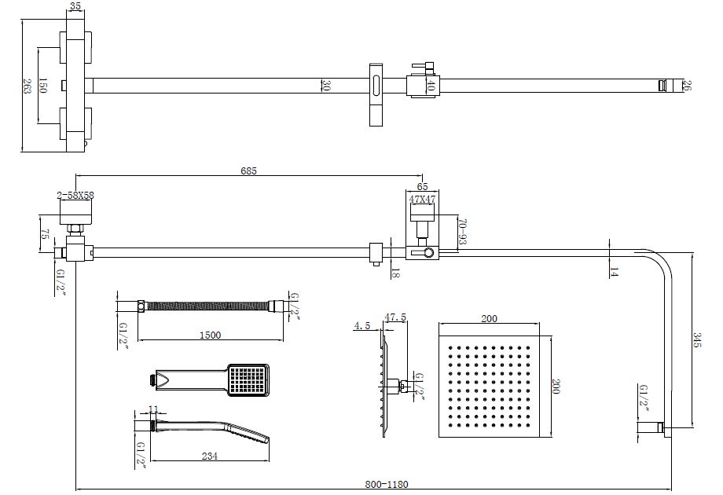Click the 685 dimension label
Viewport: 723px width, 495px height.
click(x=248, y=170)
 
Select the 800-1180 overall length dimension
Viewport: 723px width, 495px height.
click(x=388, y=484)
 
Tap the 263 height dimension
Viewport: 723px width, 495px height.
click(x=27, y=86)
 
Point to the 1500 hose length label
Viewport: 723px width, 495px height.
click(x=210, y=335)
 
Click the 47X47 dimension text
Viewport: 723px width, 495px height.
click(x=422, y=200)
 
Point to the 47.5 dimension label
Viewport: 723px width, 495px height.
click(x=395, y=317)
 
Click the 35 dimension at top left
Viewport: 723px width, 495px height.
click(x=75, y=6)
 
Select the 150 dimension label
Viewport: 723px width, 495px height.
click(x=43, y=86)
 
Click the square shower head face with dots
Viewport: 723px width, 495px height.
click(x=489, y=388)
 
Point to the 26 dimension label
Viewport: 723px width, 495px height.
click(x=688, y=86)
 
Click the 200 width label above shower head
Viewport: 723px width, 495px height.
click(x=489, y=318)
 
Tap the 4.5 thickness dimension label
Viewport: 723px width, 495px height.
click(x=361, y=324)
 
